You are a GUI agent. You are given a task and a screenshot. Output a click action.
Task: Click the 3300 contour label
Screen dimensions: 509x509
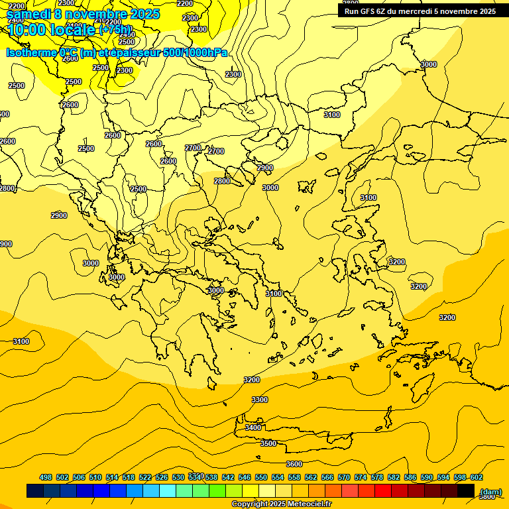pos(260,400)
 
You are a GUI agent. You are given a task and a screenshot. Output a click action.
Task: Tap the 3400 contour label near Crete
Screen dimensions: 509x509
pos(253,427)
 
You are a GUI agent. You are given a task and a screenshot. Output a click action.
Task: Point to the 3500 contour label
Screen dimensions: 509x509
pos(268,443)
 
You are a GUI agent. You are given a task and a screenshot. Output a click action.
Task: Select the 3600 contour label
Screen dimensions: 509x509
pos(294,464)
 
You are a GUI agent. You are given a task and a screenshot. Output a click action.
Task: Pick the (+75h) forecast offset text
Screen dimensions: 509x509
pos(116,30)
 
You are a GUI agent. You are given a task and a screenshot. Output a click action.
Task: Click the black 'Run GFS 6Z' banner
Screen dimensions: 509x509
pos(420,11)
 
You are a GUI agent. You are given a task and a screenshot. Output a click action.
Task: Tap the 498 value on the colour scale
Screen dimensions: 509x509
pos(46,477)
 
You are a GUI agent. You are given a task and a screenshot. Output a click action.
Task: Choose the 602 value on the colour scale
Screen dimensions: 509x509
pos(477,477)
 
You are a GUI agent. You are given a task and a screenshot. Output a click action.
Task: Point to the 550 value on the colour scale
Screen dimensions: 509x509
pos(261,477)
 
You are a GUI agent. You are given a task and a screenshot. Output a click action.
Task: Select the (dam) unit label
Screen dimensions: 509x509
pos(491,491)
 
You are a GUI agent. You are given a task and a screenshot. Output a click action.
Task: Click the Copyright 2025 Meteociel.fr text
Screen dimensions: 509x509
pos(281,504)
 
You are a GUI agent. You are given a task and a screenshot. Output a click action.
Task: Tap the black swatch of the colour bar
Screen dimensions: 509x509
pos(466,491)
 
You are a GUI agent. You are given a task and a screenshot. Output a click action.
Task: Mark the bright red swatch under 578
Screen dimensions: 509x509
pos(382,491)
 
